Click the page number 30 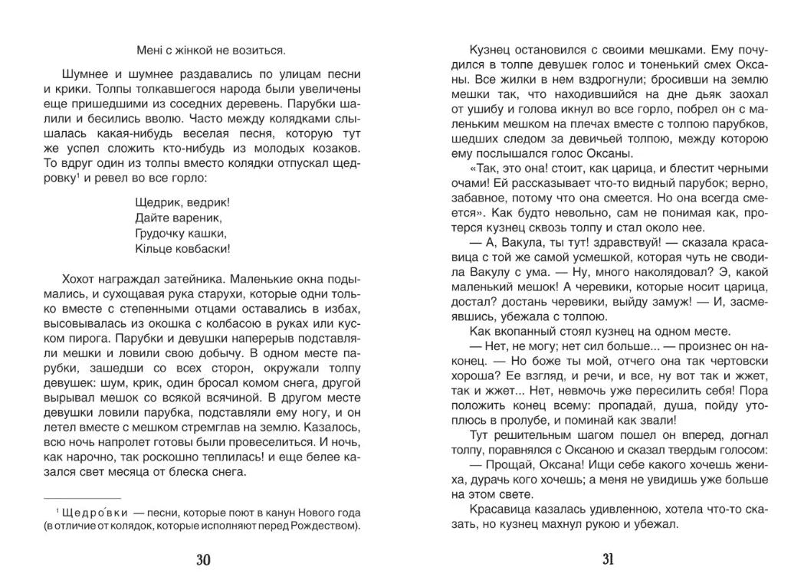tap(202, 559)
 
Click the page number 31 tap(608, 559)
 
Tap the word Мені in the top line tap(149, 51)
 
